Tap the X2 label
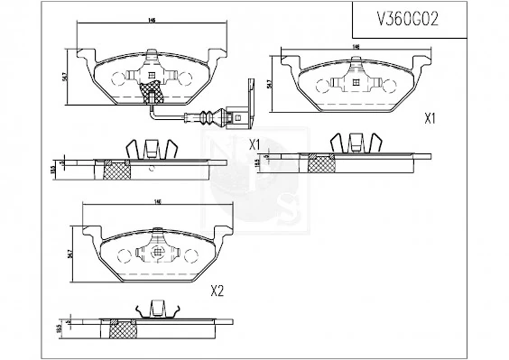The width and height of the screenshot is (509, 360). coord(217,291)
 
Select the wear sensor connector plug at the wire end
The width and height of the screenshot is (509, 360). coord(237,115)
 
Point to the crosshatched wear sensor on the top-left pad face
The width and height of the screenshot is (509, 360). coord(151,88)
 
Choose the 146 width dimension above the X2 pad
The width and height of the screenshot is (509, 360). coord(157,203)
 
